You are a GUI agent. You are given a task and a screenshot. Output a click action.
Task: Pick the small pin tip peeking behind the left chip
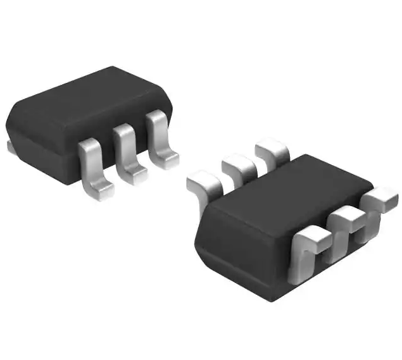click(x=9, y=147)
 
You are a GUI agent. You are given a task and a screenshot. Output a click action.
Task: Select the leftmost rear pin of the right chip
click(x=204, y=184)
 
